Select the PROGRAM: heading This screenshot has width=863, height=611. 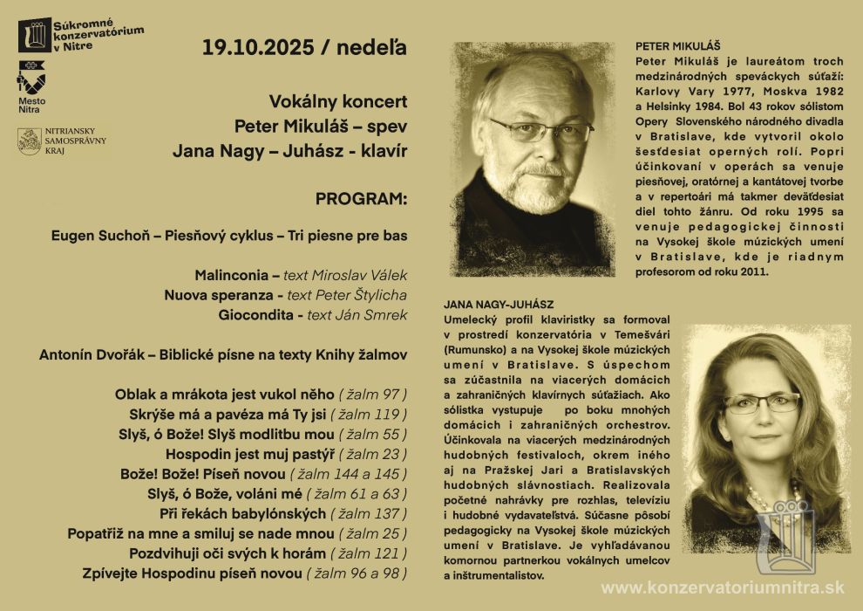click(x=361, y=199)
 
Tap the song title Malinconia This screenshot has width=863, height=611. click(x=231, y=275)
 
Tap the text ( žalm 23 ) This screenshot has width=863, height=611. click(x=373, y=454)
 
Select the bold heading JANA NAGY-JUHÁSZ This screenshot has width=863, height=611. click(x=499, y=305)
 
